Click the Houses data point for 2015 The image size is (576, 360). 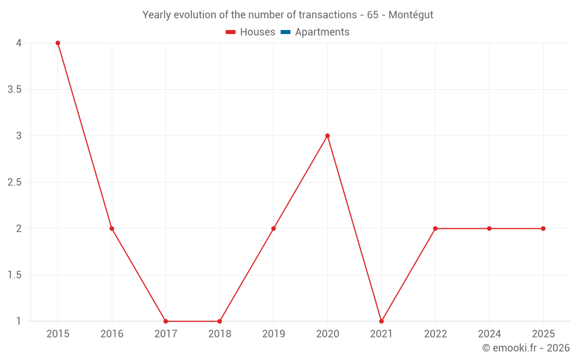click(x=58, y=43)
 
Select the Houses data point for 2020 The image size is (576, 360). click(x=327, y=136)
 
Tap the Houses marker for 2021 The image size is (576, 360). click(x=381, y=321)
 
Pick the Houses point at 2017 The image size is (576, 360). click(x=165, y=321)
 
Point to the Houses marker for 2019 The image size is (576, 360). click(x=274, y=229)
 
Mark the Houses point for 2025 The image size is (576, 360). click(x=543, y=229)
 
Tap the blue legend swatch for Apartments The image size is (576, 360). click(x=285, y=32)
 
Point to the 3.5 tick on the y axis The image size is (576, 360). click(x=14, y=89)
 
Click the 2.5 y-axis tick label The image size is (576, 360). click(x=14, y=182)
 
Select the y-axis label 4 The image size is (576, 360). click(x=19, y=43)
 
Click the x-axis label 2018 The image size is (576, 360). click(x=219, y=334)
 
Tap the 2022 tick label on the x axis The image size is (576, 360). click(x=435, y=334)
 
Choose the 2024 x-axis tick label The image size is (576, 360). click(x=489, y=334)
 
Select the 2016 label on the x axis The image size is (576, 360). click(x=112, y=334)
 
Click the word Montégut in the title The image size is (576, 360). click(x=411, y=15)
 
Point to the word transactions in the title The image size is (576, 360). click(x=329, y=15)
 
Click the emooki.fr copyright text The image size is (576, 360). click(x=526, y=348)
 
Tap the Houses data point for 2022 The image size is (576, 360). click(x=435, y=229)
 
